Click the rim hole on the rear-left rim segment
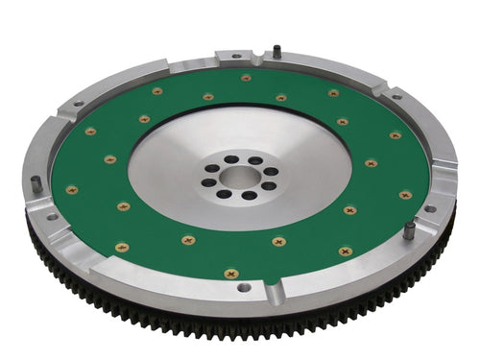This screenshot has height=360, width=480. [77, 104]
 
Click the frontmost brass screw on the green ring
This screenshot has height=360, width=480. [230, 274]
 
